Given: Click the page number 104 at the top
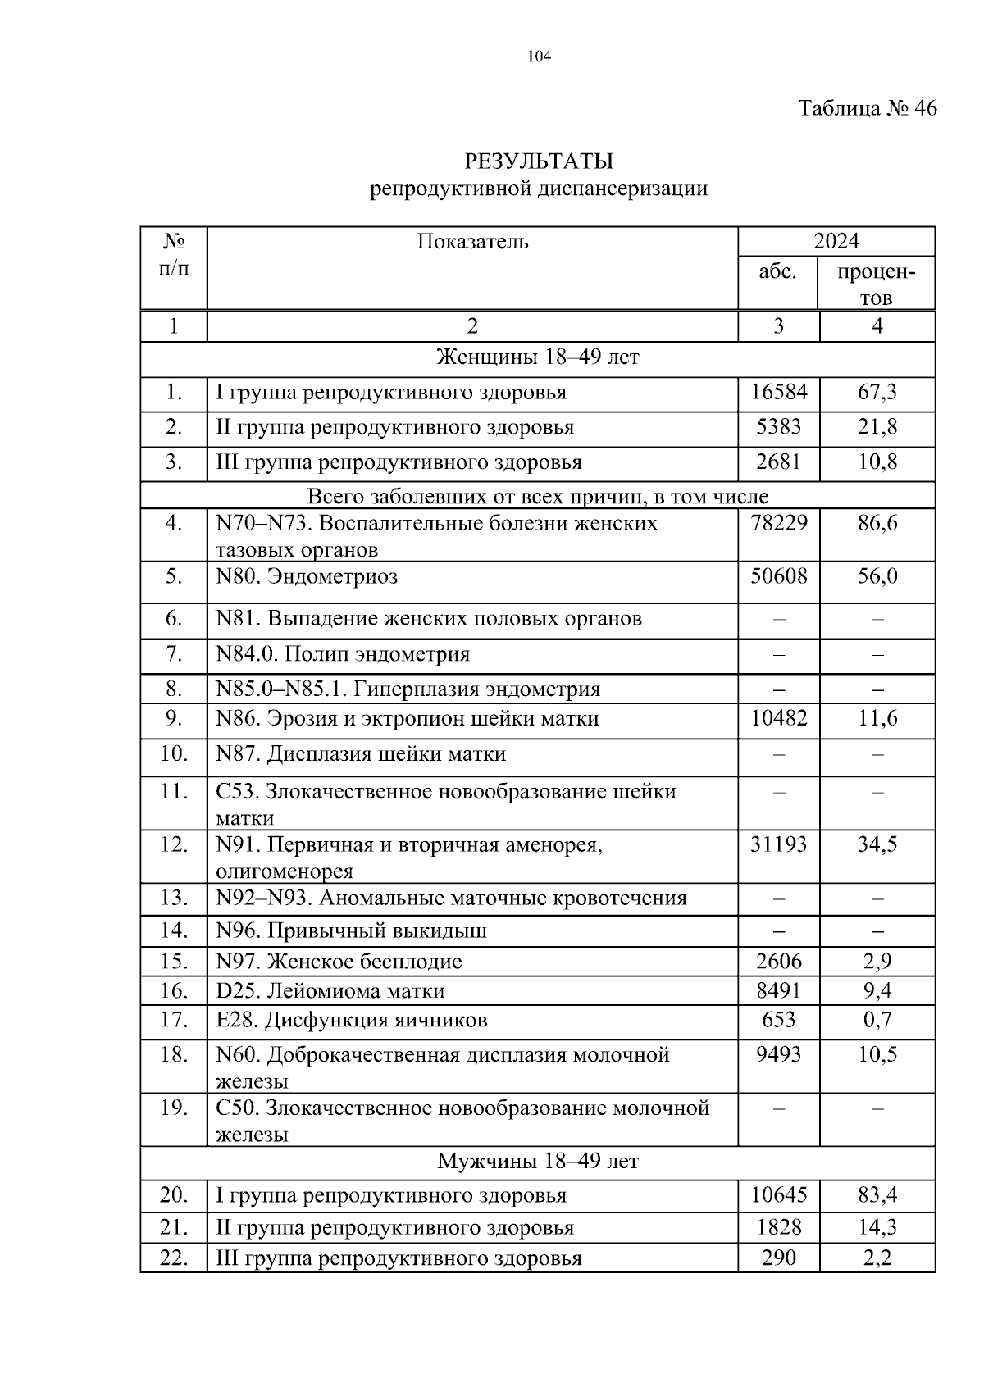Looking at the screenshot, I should click(540, 57).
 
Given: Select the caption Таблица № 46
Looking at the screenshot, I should click(868, 108).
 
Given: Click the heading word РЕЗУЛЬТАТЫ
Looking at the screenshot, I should click(539, 161).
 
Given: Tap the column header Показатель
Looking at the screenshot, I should click(472, 242).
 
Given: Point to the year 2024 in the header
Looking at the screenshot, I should click(836, 241).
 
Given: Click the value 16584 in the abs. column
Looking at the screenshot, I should click(778, 393).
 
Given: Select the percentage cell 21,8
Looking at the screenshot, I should click(877, 427).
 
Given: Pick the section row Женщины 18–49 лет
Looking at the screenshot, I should click(537, 358).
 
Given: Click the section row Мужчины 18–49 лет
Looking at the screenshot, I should click(537, 1162).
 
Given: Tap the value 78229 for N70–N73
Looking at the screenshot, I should click(778, 523).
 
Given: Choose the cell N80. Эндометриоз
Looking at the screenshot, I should click(307, 576).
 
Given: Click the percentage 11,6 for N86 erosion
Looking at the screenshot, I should click(877, 719).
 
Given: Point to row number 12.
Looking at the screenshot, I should click(174, 844).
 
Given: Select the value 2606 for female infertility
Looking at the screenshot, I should click(778, 962).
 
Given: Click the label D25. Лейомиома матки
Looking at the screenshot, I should click(330, 991).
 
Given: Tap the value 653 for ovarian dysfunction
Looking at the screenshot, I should click(778, 1020).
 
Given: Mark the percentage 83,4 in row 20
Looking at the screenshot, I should click(877, 1195).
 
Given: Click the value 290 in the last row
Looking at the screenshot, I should click(778, 1258).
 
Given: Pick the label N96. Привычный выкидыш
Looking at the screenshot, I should click(351, 931).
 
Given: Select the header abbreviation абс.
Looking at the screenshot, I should click(777, 271).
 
